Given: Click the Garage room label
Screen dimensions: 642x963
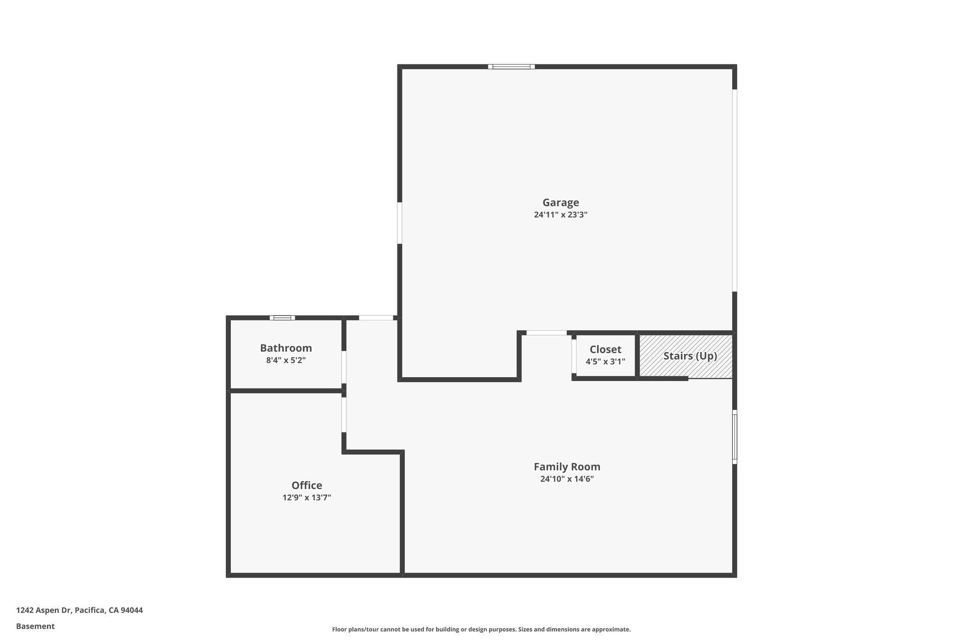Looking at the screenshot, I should coord(560,203).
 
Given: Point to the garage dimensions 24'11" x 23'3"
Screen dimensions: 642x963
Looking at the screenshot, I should coord(560,215).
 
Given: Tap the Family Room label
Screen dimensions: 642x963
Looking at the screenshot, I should coord(567,467).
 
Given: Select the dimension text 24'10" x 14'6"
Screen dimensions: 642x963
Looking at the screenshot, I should coord(567,479).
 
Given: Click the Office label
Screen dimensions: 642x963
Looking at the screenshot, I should coord(307,485).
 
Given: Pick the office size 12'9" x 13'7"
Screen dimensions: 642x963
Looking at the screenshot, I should coord(307,498).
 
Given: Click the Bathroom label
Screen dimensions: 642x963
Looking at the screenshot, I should coord(286,348).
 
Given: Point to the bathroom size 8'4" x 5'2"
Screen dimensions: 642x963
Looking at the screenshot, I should coord(286,360).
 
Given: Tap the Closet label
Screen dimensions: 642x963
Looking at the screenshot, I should coord(605,349).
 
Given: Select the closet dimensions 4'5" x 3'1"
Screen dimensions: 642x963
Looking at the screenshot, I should coord(605,362).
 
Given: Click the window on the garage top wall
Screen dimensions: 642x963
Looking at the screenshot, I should coord(511,67).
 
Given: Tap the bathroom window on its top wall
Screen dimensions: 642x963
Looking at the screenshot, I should coord(282,318).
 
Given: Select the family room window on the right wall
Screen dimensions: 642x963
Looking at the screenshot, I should coord(734,436).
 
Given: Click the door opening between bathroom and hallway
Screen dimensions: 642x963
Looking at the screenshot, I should coord(344,367).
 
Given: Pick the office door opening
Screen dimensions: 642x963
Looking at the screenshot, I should coord(344,415).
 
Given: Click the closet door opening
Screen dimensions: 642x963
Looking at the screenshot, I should coord(574,356).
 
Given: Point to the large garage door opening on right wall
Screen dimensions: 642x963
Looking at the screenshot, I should coord(734,190).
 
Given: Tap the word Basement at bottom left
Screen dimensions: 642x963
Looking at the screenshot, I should coord(35,626).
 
